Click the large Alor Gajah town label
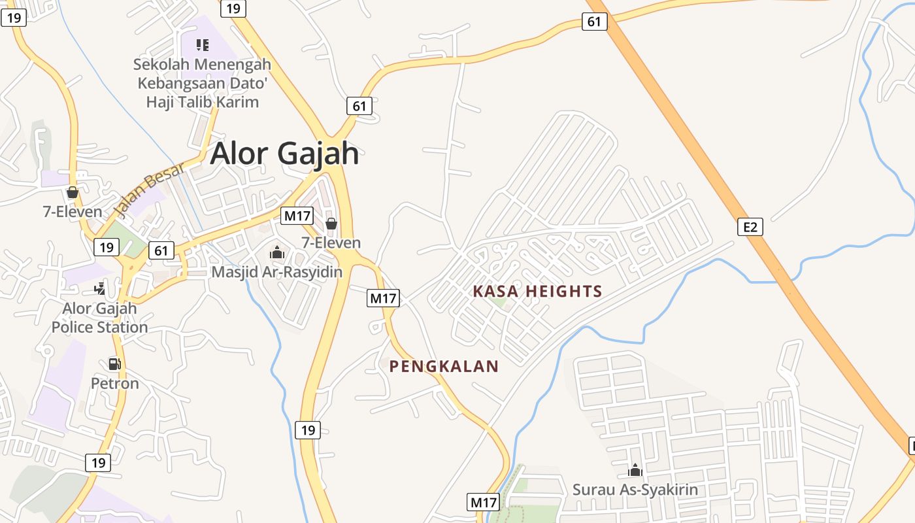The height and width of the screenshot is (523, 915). pyautogui.click(x=284, y=154)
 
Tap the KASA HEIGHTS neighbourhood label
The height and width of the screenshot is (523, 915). pyautogui.click(x=537, y=292)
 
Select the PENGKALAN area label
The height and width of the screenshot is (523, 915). pyautogui.click(x=444, y=367)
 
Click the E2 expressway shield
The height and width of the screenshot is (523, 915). pyautogui.click(x=750, y=227)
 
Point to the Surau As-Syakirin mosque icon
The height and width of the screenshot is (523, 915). pyautogui.click(x=635, y=470)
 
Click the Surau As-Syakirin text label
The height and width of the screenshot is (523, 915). pyautogui.click(x=635, y=489)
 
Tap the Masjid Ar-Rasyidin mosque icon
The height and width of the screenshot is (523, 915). pyautogui.click(x=276, y=252)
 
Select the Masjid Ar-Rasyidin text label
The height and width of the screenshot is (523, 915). pyautogui.click(x=276, y=271)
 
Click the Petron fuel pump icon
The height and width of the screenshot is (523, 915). pyautogui.click(x=114, y=364)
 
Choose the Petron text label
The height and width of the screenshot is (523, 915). pyautogui.click(x=114, y=383)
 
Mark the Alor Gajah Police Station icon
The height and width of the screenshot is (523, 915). pyautogui.click(x=99, y=288)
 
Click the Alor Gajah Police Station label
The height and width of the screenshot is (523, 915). pyautogui.click(x=99, y=318)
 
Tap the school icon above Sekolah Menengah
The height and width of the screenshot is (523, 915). pyautogui.click(x=203, y=45)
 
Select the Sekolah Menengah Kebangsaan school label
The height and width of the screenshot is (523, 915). pyautogui.click(x=202, y=84)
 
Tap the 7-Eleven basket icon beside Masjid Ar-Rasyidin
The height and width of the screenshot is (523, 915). pyautogui.click(x=331, y=224)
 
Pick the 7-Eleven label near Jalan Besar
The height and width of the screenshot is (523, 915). pyautogui.click(x=73, y=212)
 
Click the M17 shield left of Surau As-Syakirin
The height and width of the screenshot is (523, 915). pyautogui.click(x=484, y=502)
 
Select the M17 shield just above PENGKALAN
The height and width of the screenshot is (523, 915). pyautogui.click(x=383, y=298)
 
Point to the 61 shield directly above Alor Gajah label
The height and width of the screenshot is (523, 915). pyautogui.click(x=359, y=106)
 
